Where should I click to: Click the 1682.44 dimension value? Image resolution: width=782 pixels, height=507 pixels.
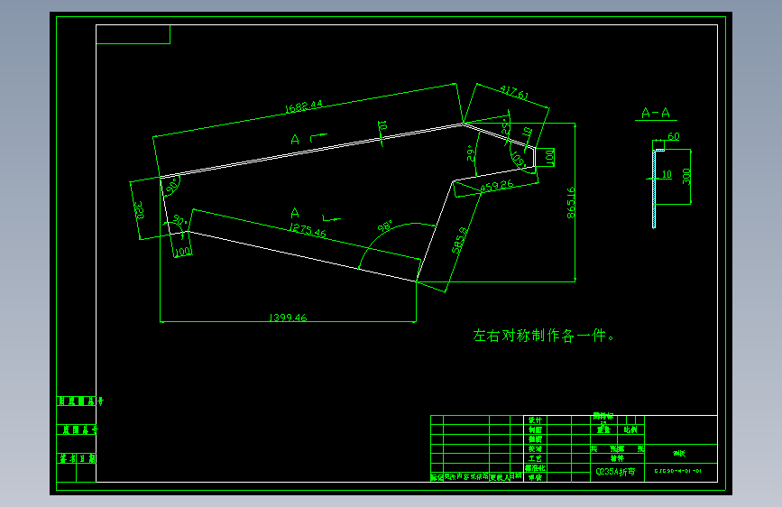tap(303, 106)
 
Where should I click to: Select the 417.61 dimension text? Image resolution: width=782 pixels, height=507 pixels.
tap(512, 94)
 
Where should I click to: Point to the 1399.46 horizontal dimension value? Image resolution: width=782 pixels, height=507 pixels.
tap(289, 318)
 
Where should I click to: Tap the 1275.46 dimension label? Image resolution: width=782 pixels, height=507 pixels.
tap(308, 231)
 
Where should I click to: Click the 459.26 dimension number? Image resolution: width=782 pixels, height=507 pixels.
tap(496, 186)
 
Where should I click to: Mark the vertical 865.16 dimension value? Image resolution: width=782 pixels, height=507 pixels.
tap(570, 203)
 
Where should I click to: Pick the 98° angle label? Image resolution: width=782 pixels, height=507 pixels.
tap(387, 228)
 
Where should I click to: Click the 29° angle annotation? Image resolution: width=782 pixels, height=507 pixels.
tap(470, 153)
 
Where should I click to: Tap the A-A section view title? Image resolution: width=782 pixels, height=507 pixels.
tap(655, 113)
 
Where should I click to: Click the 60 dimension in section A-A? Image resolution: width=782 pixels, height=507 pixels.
tap(673, 137)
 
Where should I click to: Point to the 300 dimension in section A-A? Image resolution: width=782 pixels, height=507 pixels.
tap(686, 175)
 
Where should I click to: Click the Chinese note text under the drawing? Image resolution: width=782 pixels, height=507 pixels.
tap(544, 336)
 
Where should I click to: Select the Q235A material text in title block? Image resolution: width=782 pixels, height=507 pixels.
tap(615, 471)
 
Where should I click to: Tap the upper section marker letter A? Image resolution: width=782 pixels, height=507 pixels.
tap(295, 139)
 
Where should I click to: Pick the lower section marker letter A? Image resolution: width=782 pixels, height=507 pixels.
tap(294, 213)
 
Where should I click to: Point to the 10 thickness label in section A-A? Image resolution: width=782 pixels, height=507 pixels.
tap(667, 173)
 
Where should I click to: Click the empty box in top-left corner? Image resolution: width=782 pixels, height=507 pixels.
tap(133, 34)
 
